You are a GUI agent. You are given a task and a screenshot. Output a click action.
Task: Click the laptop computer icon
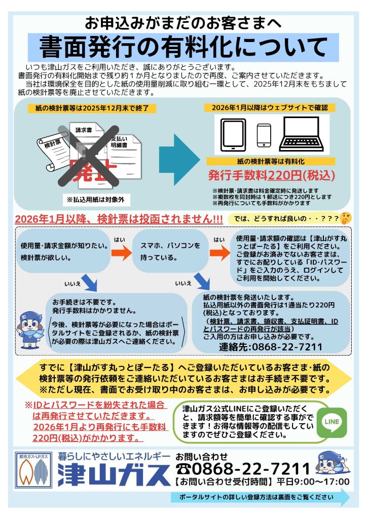303,134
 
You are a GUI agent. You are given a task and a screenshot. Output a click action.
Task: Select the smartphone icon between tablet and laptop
264,135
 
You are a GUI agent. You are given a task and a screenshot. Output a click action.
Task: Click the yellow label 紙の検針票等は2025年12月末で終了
88,108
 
